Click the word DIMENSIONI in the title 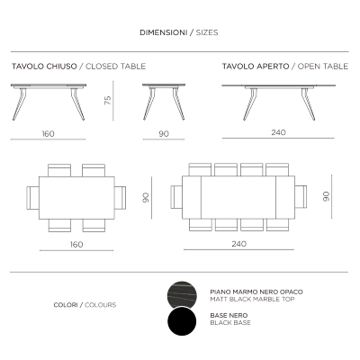click(x=161, y=31)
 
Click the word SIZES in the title click(x=205, y=31)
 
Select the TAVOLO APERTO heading click(x=251, y=67)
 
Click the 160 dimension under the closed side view click(x=48, y=133)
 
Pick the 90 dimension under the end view click(x=163, y=133)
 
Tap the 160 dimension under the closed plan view click(x=76, y=244)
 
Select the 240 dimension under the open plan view click(x=238, y=244)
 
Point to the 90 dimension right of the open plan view click(x=327, y=196)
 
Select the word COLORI click(x=66, y=305)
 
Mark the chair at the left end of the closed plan click(x=35, y=196)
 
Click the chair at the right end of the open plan click(x=301, y=196)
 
